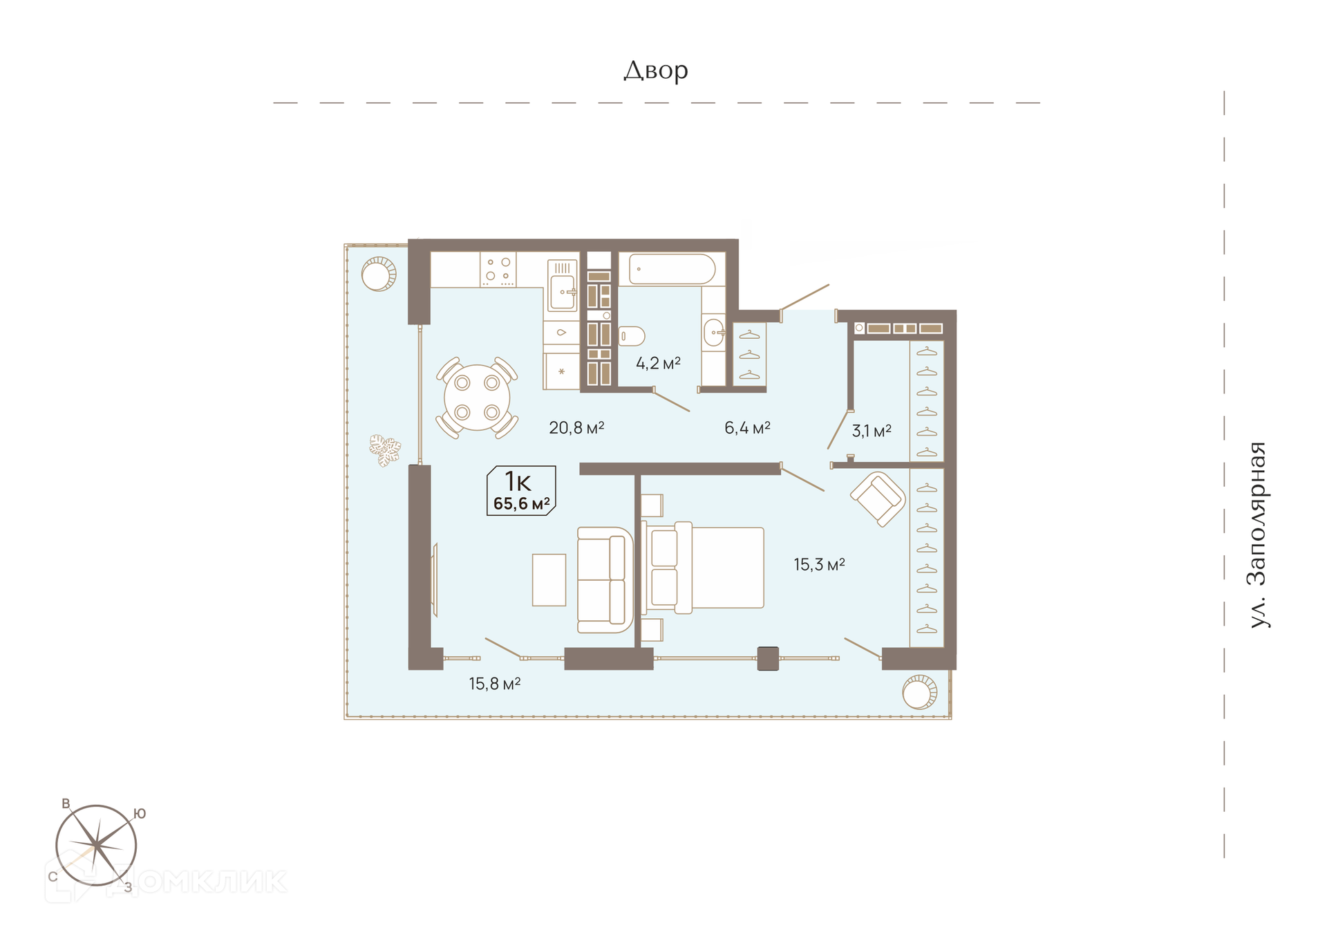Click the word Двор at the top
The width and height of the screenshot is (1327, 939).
click(x=656, y=71)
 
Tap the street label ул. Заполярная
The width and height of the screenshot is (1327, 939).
click(x=1259, y=534)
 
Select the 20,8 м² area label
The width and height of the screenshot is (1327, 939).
click(x=576, y=428)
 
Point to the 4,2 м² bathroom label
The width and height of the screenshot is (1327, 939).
click(x=658, y=363)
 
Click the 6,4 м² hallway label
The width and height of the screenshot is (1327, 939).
click(x=747, y=428)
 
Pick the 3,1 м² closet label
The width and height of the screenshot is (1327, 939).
click(x=871, y=431)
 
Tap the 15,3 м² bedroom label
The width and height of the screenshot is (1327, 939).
click(x=819, y=565)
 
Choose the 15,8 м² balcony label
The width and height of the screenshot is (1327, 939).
click(x=494, y=684)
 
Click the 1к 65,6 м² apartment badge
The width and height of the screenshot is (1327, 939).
click(x=521, y=490)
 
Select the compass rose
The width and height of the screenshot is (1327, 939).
click(x=97, y=846)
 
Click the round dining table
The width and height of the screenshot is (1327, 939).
click(x=477, y=398)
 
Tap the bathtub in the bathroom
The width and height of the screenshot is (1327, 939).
click(x=672, y=269)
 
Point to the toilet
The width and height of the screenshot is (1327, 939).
click(x=631, y=336)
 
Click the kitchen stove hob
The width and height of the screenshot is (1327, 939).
click(x=498, y=269)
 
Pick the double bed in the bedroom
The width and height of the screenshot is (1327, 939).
click(x=704, y=568)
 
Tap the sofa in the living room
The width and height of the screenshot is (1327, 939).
click(x=605, y=580)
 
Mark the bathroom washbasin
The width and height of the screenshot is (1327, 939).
click(x=714, y=333)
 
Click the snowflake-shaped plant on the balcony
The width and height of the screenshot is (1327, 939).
click(x=384, y=450)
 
